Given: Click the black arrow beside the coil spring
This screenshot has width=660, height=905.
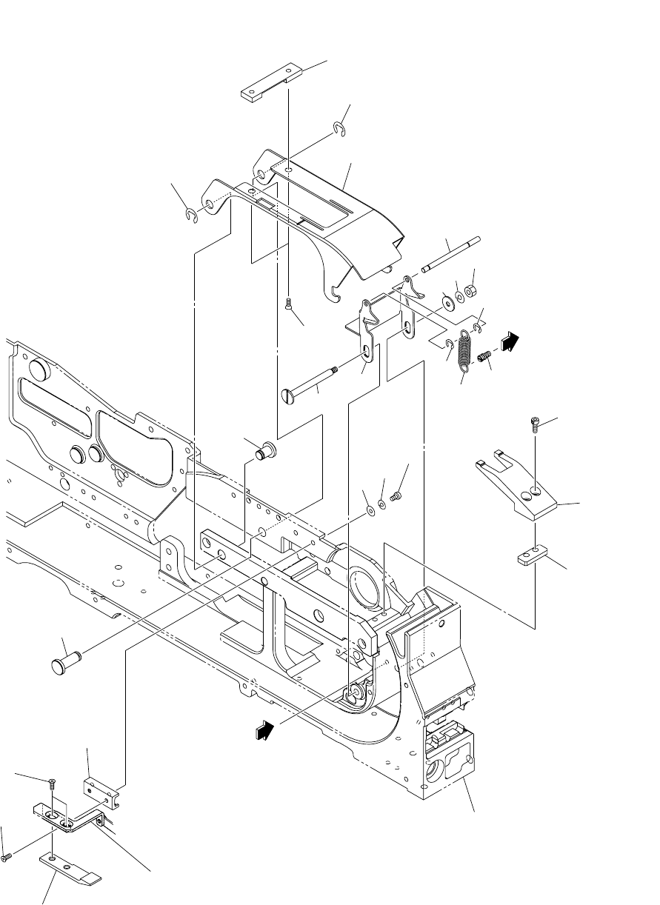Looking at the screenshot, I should pos(510,341).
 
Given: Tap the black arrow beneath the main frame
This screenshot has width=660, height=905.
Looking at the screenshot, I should pos(263,730).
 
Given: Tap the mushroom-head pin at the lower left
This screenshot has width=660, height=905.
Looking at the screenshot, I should pos(65,658).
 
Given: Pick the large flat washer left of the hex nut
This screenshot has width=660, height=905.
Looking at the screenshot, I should pos(447,302).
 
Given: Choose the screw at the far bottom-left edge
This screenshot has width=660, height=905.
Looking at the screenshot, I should pos(7,857).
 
